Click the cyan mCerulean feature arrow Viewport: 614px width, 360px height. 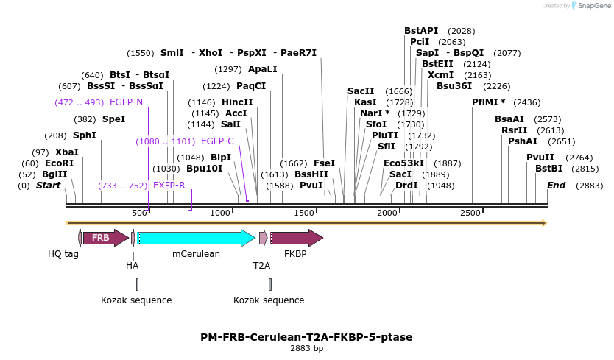coord(196,238)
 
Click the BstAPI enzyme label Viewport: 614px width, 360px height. coord(421,31)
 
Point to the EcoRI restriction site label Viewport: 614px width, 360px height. coord(60,163)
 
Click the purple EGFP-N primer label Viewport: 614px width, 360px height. coord(126,102)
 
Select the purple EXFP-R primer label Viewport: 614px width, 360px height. coord(169,186)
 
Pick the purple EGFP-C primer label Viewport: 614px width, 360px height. coord(217,141)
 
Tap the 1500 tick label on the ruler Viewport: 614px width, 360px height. coord(305,213)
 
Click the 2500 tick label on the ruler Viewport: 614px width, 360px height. coord(471,213)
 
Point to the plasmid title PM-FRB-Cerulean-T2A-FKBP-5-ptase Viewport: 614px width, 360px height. coord(306,337)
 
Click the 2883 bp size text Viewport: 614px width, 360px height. coord(306,348)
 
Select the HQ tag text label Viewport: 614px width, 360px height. coord(63,254)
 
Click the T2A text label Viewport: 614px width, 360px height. coord(261,265)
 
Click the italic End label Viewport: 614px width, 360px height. coord(556,186)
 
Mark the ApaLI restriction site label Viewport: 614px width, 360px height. coord(263,69)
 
